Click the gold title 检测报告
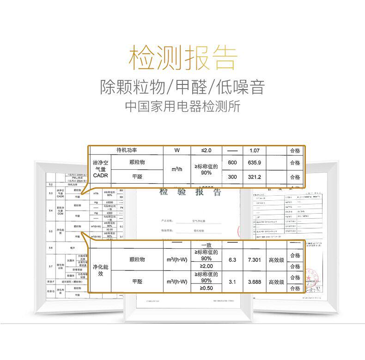(x=182, y=58)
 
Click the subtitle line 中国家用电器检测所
(x=182, y=106)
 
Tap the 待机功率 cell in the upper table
(x=126, y=150)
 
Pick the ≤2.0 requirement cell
(x=206, y=150)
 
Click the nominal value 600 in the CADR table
(x=232, y=162)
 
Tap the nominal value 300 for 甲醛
(x=232, y=177)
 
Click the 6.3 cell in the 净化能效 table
(x=232, y=260)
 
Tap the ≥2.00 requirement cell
(x=206, y=266)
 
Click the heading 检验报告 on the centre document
(x=190, y=192)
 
